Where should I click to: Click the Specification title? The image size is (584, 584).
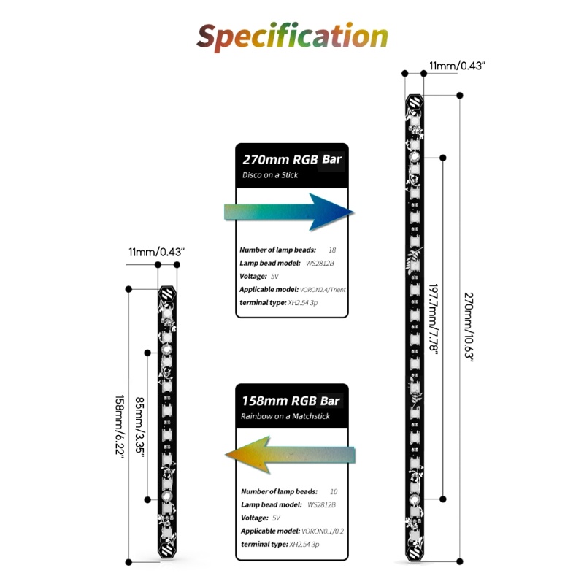coord(292,36)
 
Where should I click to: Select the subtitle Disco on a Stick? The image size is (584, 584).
coord(270,175)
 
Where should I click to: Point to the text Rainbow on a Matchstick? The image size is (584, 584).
coord(285,416)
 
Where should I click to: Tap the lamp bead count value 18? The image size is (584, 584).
coord(332,250)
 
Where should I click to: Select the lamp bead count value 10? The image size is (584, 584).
coord(334,491)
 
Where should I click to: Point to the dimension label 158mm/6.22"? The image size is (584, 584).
coord(119,427)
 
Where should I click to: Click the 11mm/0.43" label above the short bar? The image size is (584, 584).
coord(156,252)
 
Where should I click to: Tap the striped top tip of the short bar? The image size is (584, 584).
coord(167,296)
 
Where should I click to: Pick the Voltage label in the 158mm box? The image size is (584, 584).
coord(254,518)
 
